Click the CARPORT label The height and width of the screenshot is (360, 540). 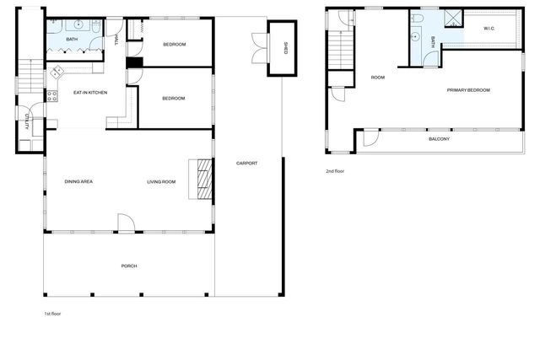(x=246, y=163)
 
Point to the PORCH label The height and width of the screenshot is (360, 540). (x=128, y=266)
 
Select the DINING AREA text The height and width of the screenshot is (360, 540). (x=78, y=181)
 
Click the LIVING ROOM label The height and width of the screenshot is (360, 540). (x=161, y=181)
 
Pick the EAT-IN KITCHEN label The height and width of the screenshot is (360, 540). (x=90, y=93)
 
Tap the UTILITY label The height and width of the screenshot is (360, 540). (x=28, y=122)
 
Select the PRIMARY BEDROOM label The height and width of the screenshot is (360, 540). (x=468, y=89)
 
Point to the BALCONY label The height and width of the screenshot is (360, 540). (x=439, y=139)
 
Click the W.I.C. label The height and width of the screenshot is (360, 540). (x=489, y=29)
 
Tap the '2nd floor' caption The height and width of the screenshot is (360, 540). (x=335, y=171)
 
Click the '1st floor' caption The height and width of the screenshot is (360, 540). (x=52, y=314)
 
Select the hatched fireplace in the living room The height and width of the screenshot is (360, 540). (x=202, y=178)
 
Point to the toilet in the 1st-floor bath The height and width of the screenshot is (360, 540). (x=95, y=30)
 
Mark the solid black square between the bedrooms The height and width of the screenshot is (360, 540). (x=132, y=62)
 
